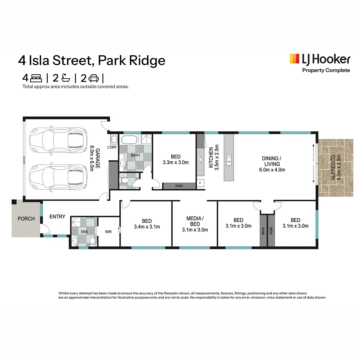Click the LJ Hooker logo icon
pos(294,59)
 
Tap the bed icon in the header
pos(36,78)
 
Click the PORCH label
pos(26,219)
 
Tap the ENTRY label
pos(57,217)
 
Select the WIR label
pos(108,231)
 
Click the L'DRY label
pos(112,147)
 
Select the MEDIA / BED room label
pos(195,221)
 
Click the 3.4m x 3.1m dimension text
pos(147,227)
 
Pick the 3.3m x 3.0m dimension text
pos(176,163)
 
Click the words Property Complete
pos(326,70)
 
